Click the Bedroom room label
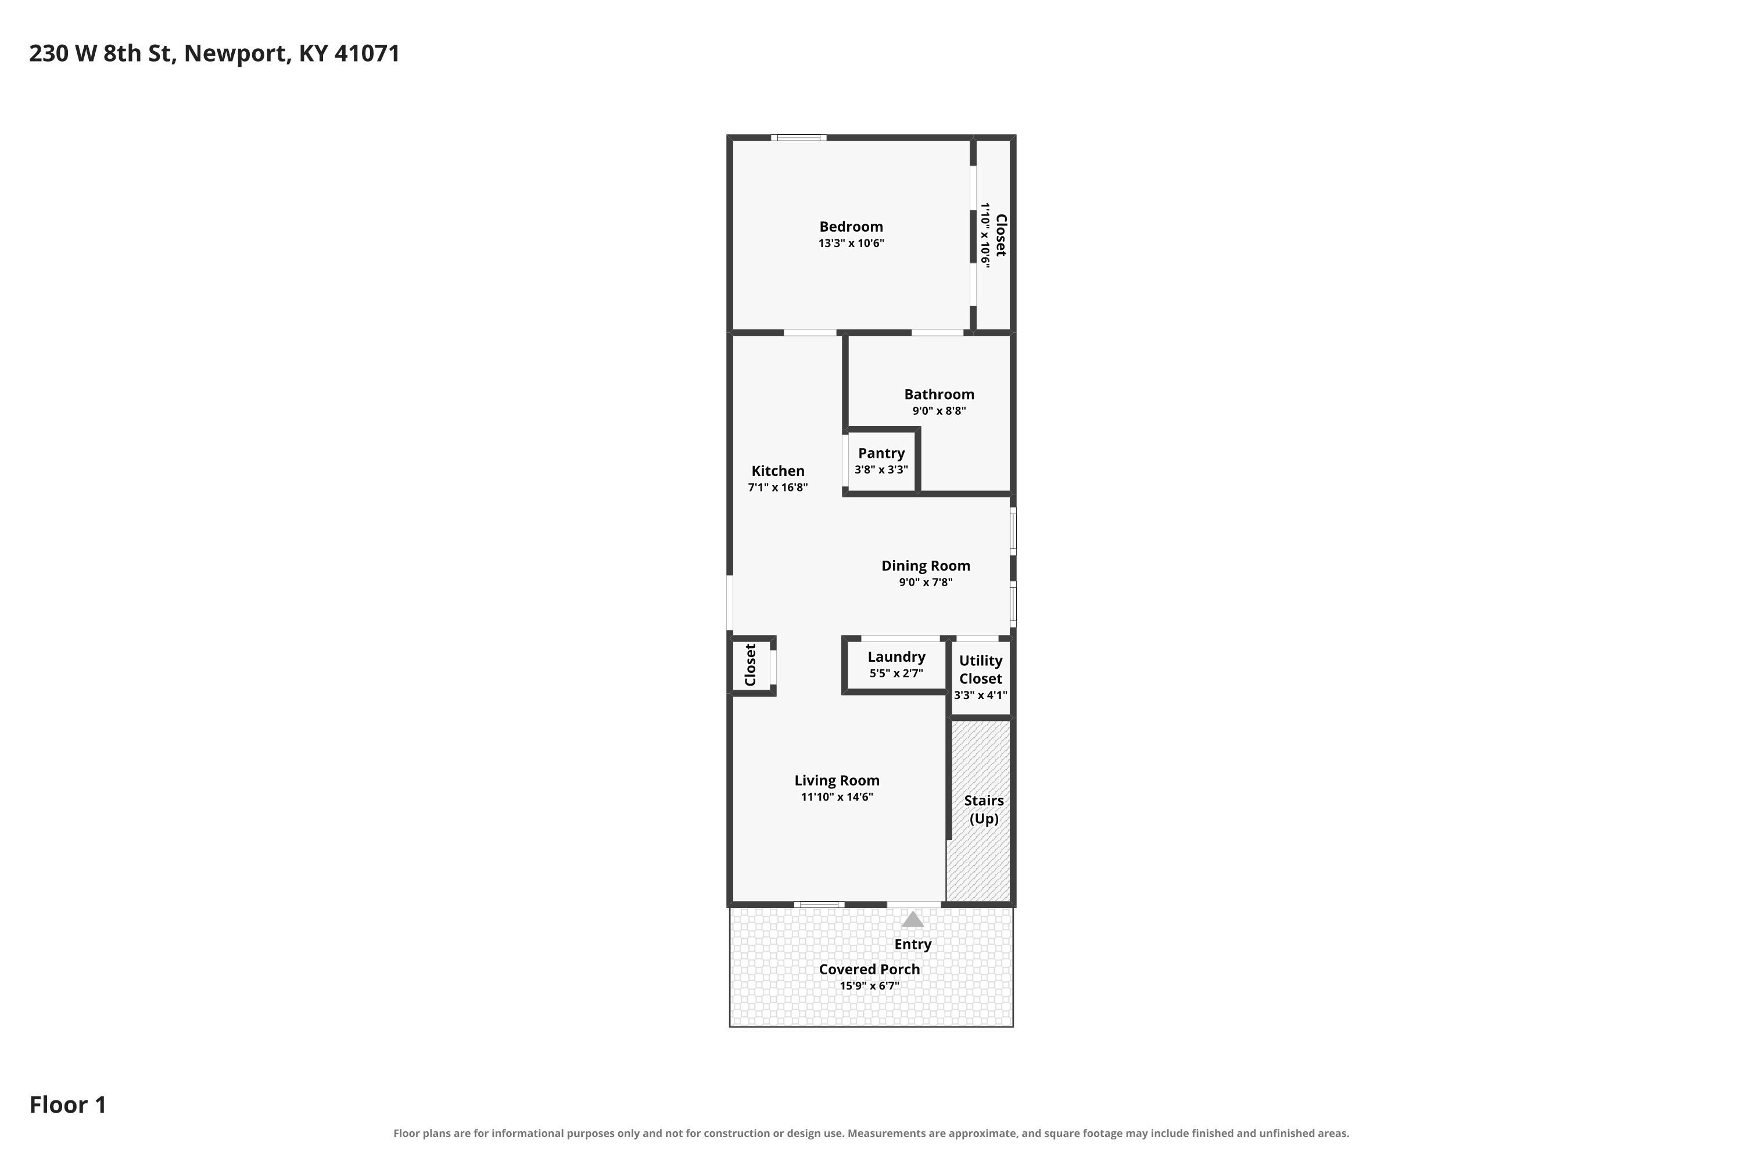(x=851, y=227)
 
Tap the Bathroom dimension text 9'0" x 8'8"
(x=939, y=411)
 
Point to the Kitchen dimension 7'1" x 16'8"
(x=777, y=487)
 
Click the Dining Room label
(x=926, y=565)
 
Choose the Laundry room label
(x=896, y=657)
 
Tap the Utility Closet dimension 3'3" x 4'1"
(x=981, y=695)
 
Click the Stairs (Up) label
(x=984, y=809)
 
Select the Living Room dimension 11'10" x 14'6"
(x=837, y=797)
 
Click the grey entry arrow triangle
(x=912, y=920)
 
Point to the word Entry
(x=912, y=945)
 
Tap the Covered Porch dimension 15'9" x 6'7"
(x=869, y=985)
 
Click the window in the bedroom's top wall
(x=798, y=137)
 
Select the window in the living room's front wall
(x=819, y=904)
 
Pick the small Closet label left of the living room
(x=750, y=665)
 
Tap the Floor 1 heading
(x=68, y=1104)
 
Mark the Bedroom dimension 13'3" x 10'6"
(x=851, y=243)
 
